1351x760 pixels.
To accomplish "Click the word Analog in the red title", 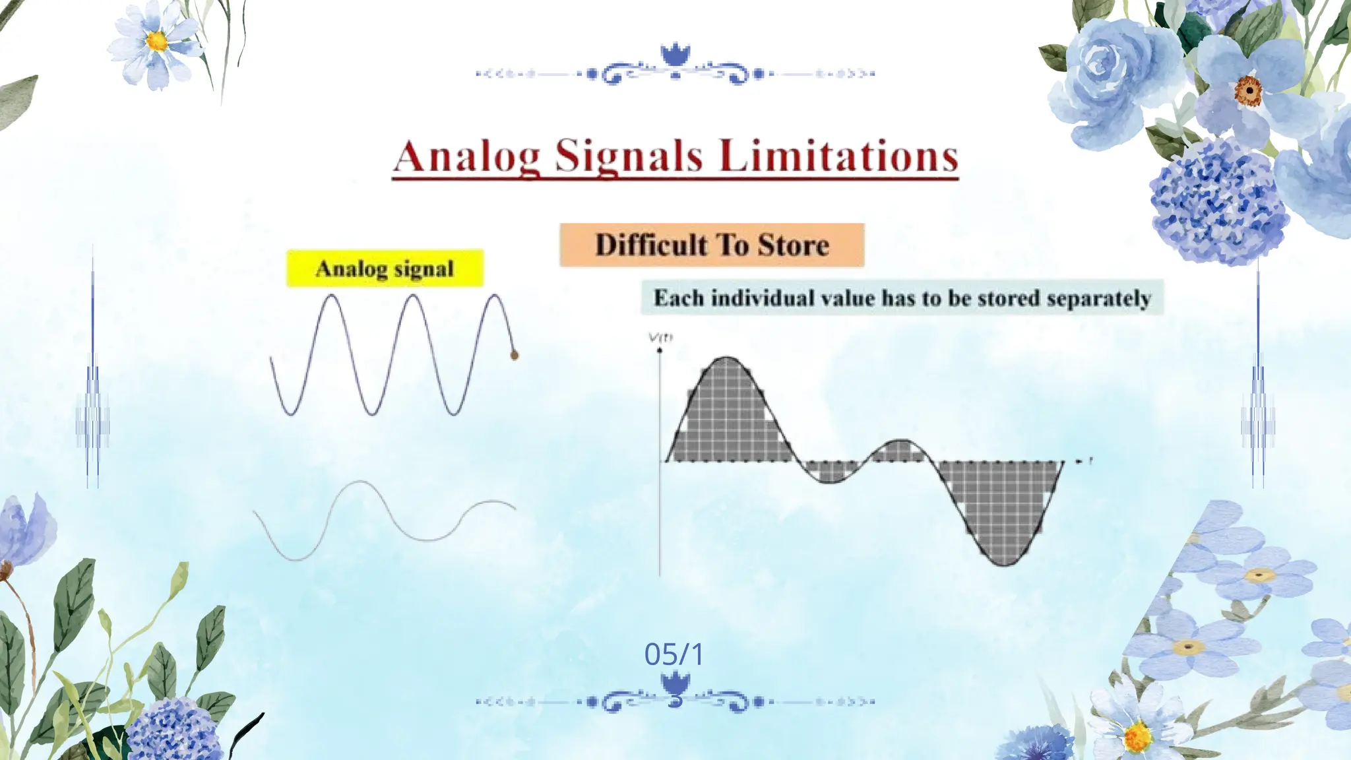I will [x=466, y=157].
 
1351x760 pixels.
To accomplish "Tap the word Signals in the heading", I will [x=629, y=157].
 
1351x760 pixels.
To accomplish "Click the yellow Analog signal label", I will [x=385, y=269].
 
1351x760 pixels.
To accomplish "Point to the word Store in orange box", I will [x=793, y=245].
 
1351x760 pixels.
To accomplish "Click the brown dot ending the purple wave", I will [x=515, y=356].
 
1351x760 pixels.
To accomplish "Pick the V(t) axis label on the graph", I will [x=660, y=338].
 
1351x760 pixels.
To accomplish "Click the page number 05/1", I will [x=674, y=654].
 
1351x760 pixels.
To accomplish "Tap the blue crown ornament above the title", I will [x=675, y=55].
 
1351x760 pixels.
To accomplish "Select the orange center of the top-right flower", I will [x=1248, y=91].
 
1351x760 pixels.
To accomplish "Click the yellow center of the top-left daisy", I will [x=157, y=41].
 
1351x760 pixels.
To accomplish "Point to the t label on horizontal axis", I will [x=1090, y=460].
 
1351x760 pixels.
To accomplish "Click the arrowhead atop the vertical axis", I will [x=660, y=350].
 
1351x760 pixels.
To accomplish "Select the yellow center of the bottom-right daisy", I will [x=1136, y=736].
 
